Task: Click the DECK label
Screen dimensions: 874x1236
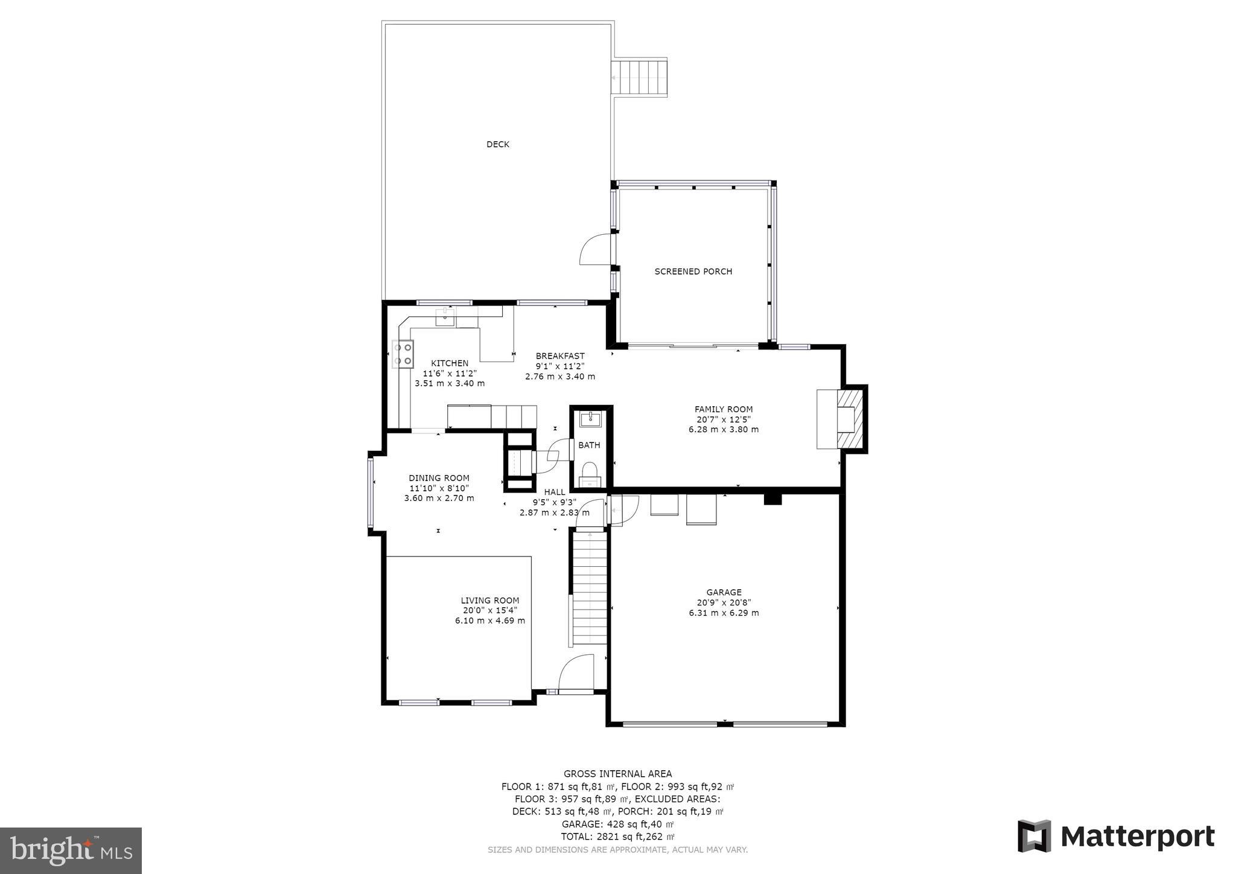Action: click(498, 144)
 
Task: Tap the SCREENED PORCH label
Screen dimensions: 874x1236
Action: click(693, 272)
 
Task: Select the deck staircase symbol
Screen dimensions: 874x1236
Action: click(640, 77)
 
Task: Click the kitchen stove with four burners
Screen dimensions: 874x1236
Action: click(403, 354)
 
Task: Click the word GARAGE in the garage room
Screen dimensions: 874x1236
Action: click(724, 592)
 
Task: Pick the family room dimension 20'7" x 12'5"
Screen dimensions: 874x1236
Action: click(724, 419)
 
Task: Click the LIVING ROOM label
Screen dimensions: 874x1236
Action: click(490, 601)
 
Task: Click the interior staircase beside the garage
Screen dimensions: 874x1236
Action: click(590, 589)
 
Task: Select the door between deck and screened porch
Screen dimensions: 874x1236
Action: click(596, 250)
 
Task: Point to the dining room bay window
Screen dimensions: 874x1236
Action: click(371, 492)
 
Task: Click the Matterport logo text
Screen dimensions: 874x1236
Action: click(1137, 837)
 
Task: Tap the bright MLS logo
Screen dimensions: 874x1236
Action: click(71, 850)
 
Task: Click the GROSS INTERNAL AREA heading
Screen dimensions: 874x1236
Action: click(617, 774)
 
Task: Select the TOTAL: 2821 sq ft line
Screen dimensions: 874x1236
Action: click(617, 837)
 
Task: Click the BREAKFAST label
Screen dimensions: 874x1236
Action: click(560, 356)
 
